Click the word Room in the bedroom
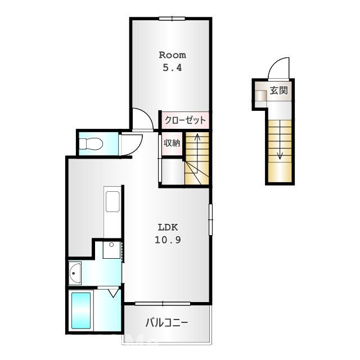(x=173, y=55)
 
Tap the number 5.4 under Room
(x=172, y=67)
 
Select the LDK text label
(x=168, y=227)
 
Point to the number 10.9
(x=168, y=240)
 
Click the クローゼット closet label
(x=185, y=120)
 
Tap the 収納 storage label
(x=172, y=143)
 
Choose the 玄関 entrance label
(x=279, y=90)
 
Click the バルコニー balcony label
(x=167, y=323)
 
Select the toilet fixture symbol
(x=91, y=143)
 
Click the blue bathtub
(x=81, y=310)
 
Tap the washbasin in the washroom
(x=75, y=273)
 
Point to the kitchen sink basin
(x=112, y=201)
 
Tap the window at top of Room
(x=172, y=19)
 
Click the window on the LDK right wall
(x=210, y=219)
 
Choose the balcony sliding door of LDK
(x=163, y=304)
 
